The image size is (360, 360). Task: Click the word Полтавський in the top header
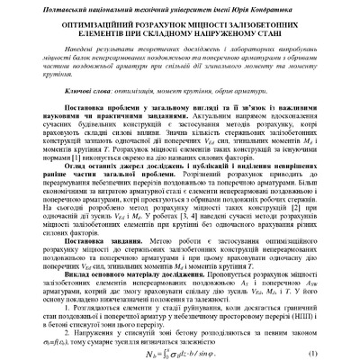tap(58, 8)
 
